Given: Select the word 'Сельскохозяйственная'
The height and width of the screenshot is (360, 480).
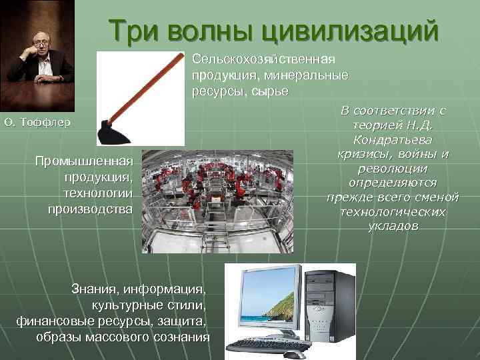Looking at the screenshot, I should click(263, 59).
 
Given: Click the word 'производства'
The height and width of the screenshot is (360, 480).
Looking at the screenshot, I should click(91, 209).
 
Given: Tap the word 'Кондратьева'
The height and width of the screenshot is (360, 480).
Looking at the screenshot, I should click(393, 139).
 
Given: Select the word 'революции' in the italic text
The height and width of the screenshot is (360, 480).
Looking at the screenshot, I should click(393, 169).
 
